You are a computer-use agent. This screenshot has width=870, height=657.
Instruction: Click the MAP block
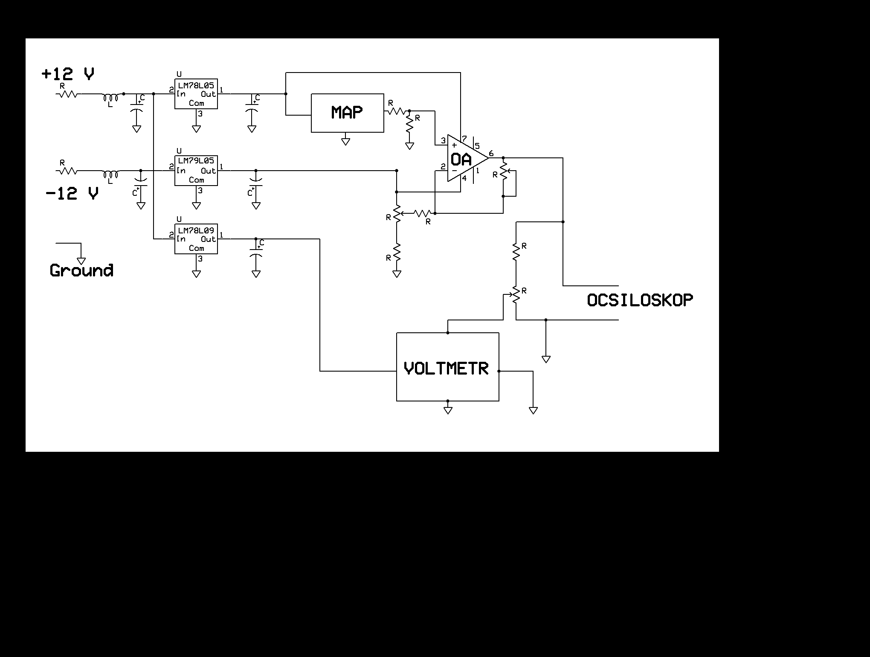pos(348,113)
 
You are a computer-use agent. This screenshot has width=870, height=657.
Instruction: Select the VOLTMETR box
pos(448,367)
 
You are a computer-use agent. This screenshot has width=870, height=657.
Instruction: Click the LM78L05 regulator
pos(196,94)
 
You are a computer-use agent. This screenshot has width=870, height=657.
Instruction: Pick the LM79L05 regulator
pos(196,171)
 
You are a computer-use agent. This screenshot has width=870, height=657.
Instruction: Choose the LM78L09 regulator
pos(196,239)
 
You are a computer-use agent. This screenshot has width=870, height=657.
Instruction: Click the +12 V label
pos(68,74)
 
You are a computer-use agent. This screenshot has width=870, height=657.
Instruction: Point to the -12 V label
pos(72,194)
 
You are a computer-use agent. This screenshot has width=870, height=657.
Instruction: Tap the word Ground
pos(81,270)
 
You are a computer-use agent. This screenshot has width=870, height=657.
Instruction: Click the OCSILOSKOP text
pos(640,300)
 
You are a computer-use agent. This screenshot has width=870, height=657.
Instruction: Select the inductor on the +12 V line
pos(111,98)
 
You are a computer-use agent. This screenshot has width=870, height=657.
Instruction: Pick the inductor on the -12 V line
pos(111,174)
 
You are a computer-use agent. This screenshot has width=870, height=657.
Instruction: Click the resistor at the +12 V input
pos(67,94)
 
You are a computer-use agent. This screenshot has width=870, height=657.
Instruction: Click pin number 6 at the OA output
pos(491,153)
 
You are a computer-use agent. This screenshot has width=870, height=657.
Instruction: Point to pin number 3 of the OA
pos(443,140)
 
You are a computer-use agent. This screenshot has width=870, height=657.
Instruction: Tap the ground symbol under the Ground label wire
pos(81,261)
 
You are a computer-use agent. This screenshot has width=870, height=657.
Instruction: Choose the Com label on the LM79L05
pos(197,180)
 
